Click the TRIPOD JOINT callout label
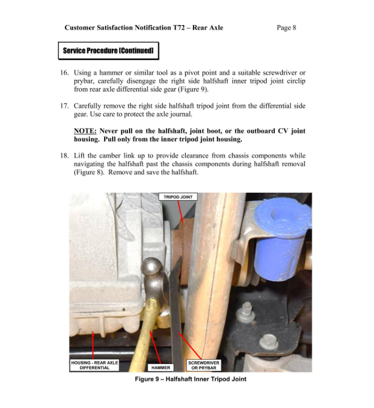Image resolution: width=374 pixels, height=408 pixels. click(x=178, y=197)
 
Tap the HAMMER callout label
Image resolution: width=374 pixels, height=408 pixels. click(x=160, y=367)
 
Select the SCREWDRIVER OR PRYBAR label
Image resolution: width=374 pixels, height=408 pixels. click(x=203, y=365)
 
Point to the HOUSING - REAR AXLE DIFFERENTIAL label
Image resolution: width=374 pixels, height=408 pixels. click(x=94, y=365)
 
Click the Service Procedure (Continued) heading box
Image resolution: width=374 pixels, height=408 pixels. click(x=108, y=51)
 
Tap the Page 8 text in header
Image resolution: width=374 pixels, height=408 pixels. click(x=286, y=28)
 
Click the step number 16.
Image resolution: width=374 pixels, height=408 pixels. click(x=65, y=73)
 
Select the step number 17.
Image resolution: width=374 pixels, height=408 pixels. click(x=65, y=106)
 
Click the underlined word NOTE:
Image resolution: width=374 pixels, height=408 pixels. click(x=85, y=131)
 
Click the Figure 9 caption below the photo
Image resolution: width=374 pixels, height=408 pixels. click(x=190, y=379)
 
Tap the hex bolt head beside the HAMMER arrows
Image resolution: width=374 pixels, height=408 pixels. click(x=268, y=343)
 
